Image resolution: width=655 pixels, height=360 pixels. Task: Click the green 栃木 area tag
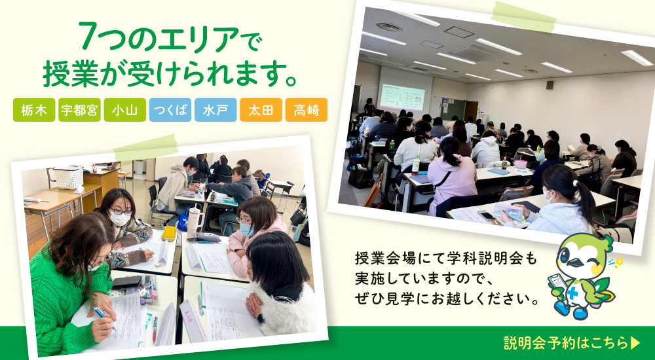[x=34, y=110]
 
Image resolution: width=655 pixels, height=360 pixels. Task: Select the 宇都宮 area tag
[x=79, y=110]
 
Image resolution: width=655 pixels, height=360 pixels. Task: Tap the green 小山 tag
[x=125, y=110]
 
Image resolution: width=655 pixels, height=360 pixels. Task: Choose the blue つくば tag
[x=170, y=110]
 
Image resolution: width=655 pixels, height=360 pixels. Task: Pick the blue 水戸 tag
[x=215, y=110]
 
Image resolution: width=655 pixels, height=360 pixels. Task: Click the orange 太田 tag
[x=261, y=110]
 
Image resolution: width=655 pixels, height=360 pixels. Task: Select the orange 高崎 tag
[x=306, y=110]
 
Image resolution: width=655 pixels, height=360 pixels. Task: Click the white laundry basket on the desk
[x=67, y=177]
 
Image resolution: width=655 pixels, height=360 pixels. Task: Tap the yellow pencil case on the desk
[x=169, y=233]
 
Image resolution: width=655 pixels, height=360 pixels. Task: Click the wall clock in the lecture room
[x=550, y=85]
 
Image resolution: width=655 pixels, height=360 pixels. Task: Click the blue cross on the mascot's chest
[x=572, y=293]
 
